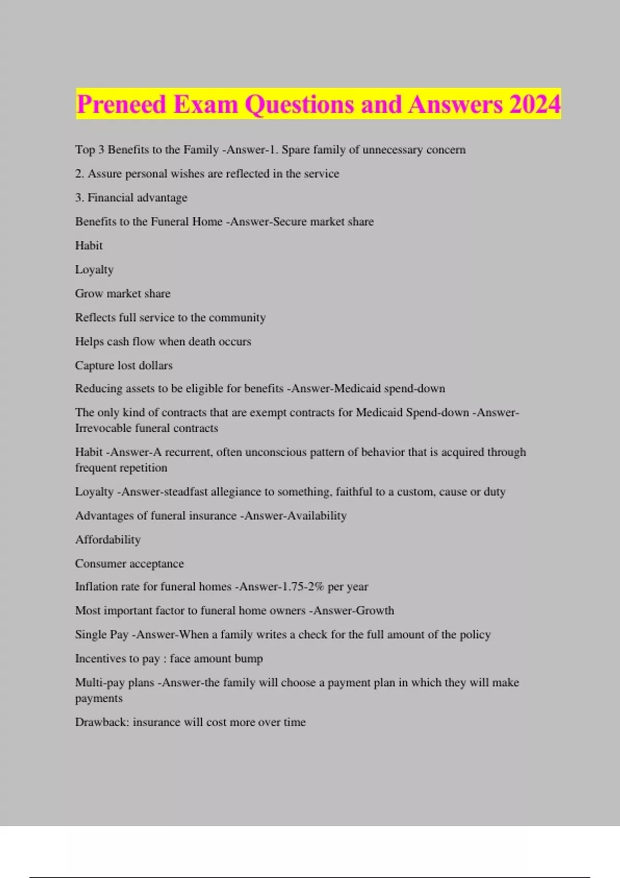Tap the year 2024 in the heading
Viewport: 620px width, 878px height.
tap(535, 104)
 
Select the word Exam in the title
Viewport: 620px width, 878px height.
tap(206, 104)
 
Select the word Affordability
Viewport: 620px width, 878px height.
tap(107, 540)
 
